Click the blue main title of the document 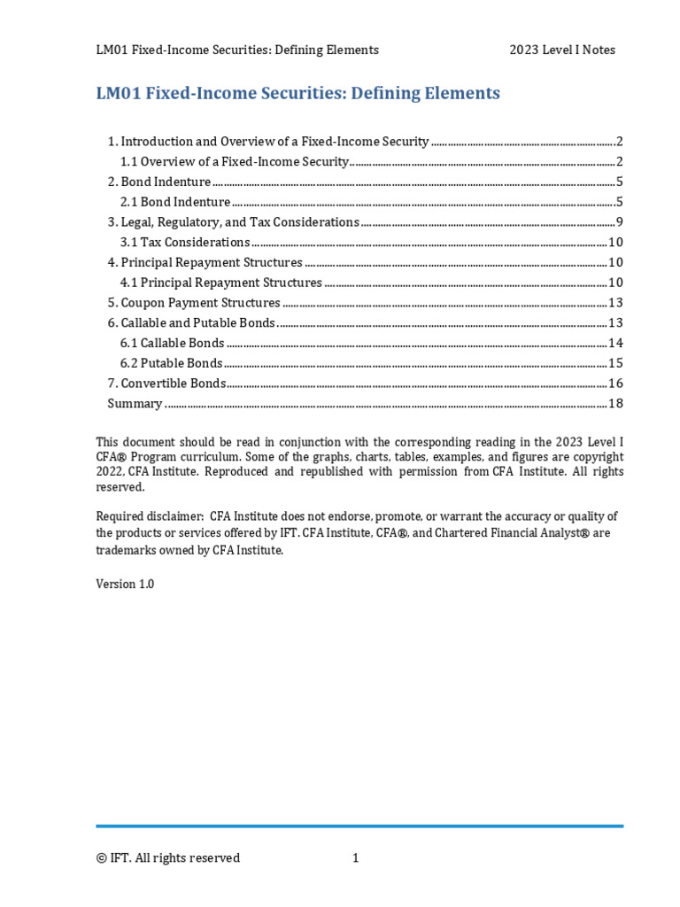point(297,93)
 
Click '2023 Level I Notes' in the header point(561,50)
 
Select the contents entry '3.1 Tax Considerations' point(185,242)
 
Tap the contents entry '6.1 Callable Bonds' point(172,343)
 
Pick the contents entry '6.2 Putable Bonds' point(171,363)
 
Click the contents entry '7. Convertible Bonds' point(166,383)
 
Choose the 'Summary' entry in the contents point(135,403)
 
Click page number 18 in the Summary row point(616,403)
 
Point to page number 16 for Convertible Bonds point(616,383)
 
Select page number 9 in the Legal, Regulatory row point(621,221)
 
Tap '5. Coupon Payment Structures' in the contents point(194,302)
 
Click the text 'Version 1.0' point(125,585)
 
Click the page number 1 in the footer point(356,857)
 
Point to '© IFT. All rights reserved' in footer point(168,857)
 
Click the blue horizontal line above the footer point(359,826)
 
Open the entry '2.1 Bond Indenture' point(175,202)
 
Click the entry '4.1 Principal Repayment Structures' point(220,283)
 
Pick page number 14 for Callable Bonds point(616,343)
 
